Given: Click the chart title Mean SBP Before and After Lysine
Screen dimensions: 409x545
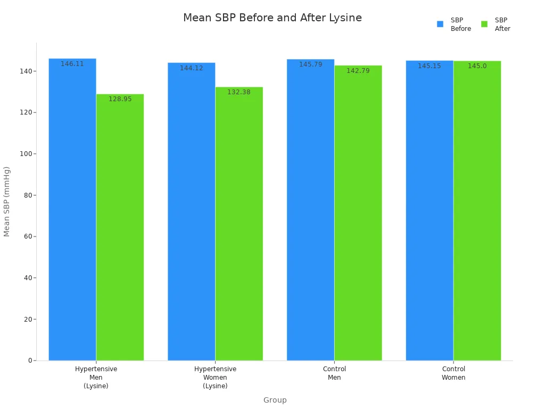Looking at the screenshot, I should tap(272, 18).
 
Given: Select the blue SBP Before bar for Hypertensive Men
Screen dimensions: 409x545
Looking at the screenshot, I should tap(72, 213).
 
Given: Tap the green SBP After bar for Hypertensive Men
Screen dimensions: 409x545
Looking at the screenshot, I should tap(120, 229).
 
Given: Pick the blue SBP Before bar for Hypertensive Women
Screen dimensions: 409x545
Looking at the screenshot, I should tap(192, 213).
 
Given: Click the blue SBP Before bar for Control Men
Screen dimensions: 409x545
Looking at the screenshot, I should tap(310, 213).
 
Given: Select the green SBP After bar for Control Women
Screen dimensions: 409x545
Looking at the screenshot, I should tap(477, 213).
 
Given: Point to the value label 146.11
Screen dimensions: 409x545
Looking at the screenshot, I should tap(72, 64).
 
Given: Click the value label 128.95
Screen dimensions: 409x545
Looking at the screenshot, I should tap(120, 99).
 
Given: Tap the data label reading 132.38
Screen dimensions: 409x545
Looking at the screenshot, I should tap(238, 92).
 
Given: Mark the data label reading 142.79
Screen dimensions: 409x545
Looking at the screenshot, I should tap(358, 70).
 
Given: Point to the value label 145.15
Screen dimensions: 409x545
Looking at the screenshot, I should tap(429, 66).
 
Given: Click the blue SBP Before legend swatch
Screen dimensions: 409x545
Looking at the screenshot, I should tap(440, 24).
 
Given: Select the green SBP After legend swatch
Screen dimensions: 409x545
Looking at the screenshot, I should tap(484, 24).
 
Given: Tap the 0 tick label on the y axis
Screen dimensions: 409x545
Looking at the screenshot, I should tap(31, 361).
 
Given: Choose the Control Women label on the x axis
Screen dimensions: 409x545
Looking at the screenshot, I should tap(453, 373).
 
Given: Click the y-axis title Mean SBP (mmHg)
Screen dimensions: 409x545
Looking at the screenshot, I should tap(7, 201).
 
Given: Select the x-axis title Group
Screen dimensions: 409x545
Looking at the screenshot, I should tap(275, 400).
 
